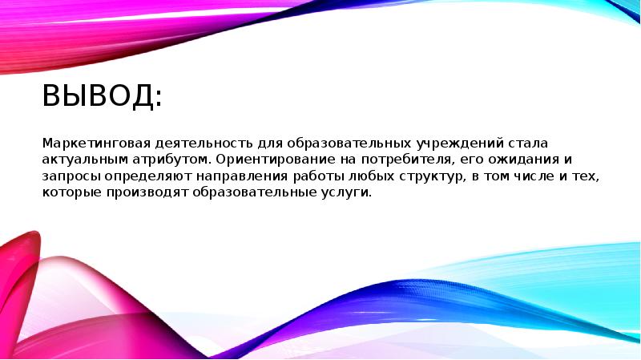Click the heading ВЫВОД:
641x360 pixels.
(102, 99)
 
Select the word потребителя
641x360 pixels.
(395, 160)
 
